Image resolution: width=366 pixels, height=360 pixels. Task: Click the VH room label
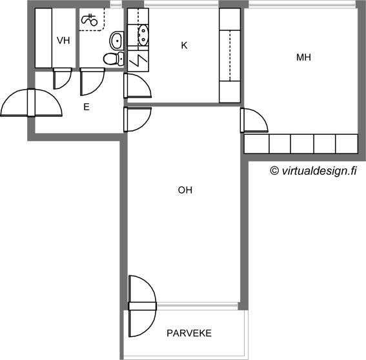(63, 41)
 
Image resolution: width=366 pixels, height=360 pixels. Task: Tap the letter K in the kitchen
(184, 45)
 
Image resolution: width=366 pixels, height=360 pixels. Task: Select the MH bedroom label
(303, 57)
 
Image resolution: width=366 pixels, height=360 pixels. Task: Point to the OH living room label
(185, 190)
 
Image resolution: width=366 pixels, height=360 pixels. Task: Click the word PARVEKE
(189, 333)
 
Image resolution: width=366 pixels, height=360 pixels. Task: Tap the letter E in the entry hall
(86, 107)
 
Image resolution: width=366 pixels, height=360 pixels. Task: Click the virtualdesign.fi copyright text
(313, 171)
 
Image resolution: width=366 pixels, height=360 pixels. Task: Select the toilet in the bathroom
(114, 58)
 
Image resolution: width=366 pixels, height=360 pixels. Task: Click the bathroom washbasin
(117, 41)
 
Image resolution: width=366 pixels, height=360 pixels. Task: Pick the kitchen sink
(143, 35)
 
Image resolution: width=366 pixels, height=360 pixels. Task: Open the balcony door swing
(142, 306)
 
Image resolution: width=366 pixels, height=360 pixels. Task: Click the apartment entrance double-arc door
(31, 103)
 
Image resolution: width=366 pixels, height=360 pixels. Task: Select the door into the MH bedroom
(254, 121)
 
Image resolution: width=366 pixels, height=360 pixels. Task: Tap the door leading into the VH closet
(62, 79)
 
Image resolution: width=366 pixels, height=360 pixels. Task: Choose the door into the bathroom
(92, 81)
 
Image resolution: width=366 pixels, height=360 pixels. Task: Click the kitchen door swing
(137, 86)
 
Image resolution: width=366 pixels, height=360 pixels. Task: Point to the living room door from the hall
(137, 119)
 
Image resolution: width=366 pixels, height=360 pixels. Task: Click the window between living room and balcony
(198, 305)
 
